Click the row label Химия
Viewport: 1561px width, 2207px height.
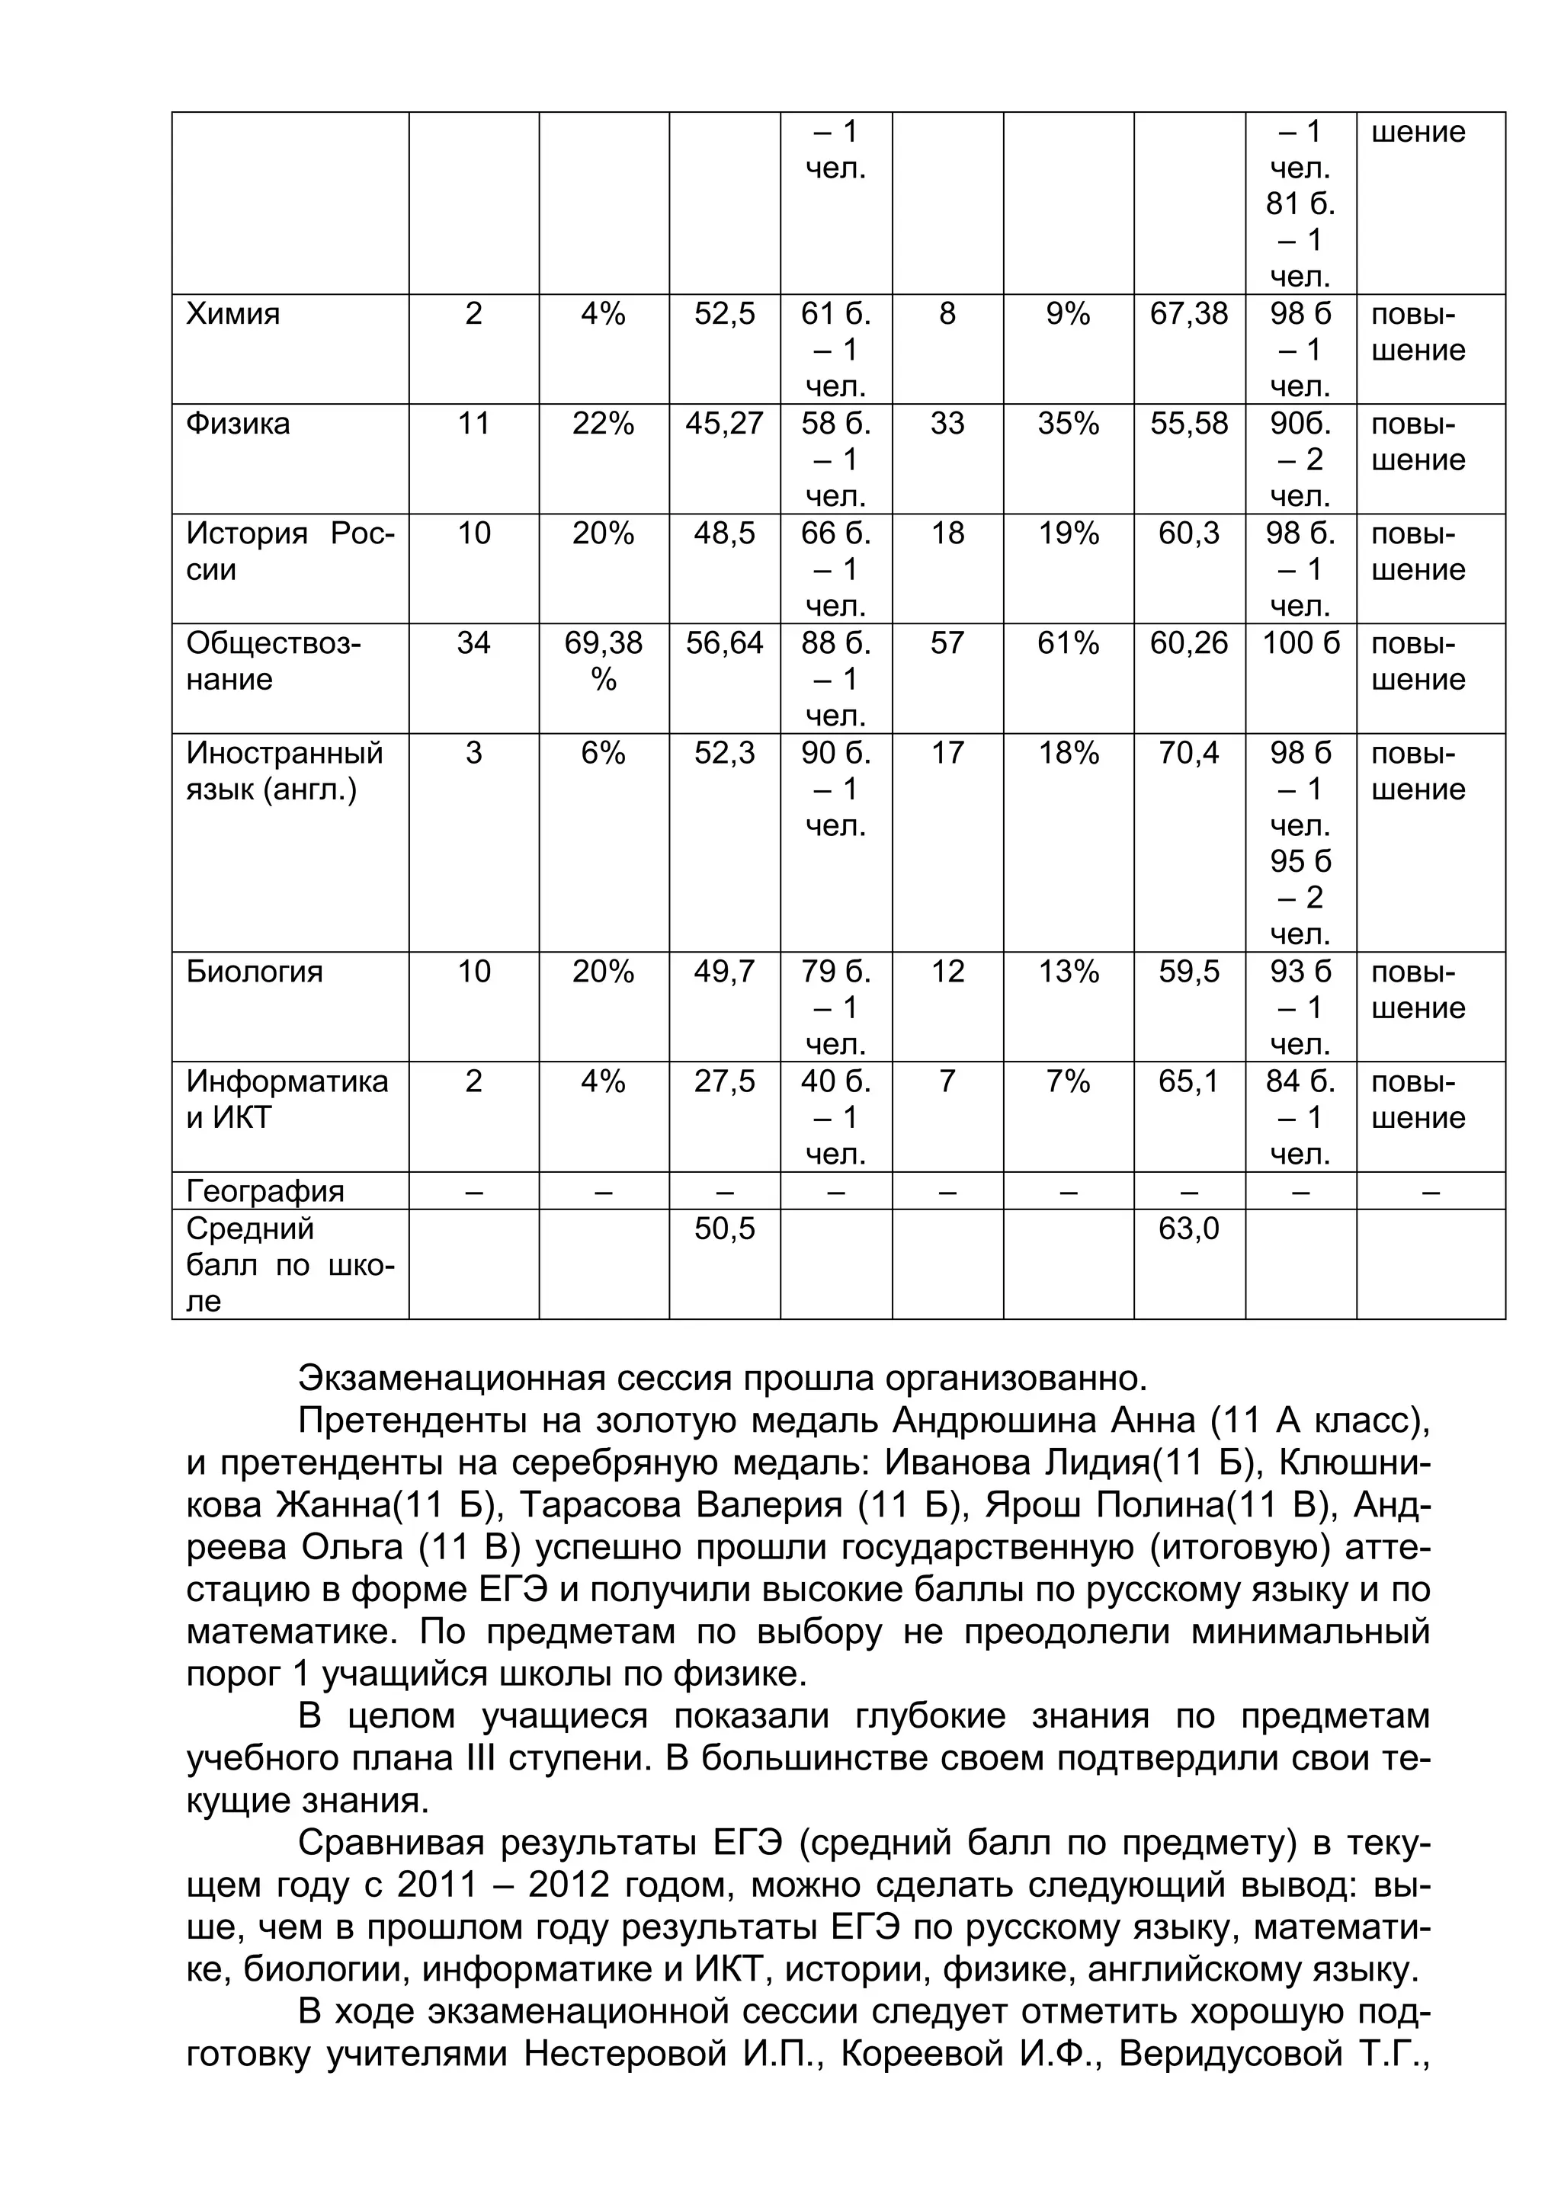(x=232, y=314)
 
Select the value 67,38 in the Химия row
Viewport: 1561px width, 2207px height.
(x=1189, y=314)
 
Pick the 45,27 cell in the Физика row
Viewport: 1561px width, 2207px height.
(x=724, y=424)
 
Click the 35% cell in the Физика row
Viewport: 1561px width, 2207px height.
(x=1068, y=424)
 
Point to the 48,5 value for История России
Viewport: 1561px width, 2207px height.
(x=724, y=533)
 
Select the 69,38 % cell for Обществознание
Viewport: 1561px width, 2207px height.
(x=603, y=661)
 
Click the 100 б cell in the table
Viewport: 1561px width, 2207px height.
(x=1300, y=643)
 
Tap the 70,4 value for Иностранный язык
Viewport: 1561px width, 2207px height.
(x=1189, y=753)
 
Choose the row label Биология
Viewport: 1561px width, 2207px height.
(x=254, y=972)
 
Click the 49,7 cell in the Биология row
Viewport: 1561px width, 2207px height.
(x=724, y=972)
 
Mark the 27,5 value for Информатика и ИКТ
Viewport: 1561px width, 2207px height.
(x=724, y=1081)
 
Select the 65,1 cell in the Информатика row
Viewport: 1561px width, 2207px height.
(x=1189, y=1081)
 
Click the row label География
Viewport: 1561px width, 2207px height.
(x=264, y=1192)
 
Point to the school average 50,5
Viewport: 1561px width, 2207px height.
(x=724, y=1228)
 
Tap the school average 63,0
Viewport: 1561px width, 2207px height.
(x=1189, y=1228)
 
